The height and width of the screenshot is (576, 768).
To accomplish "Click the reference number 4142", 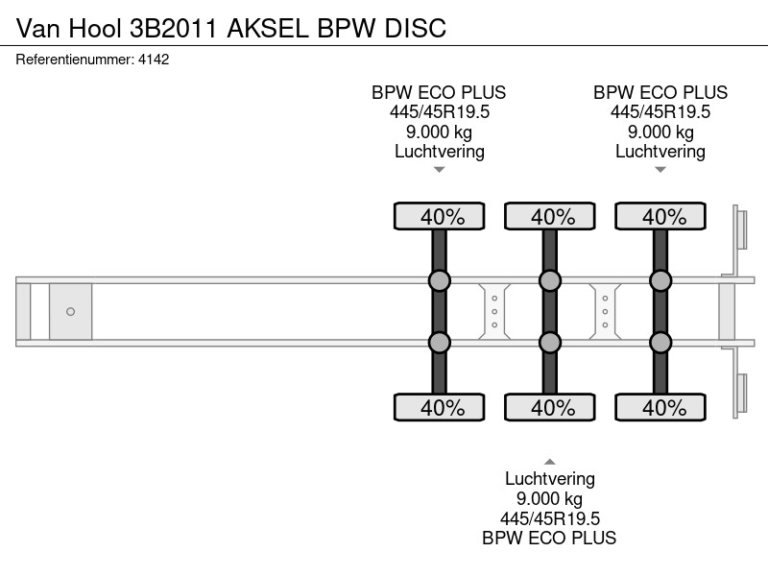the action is (x=154, y=60).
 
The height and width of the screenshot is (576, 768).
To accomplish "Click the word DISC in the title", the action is (x=416, y=28).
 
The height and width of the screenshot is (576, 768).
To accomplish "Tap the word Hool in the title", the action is (x=95, y=28).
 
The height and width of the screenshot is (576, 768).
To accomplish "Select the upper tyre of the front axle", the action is (x=440, y=216).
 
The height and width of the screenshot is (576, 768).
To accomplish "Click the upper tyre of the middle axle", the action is (x=550, y=216).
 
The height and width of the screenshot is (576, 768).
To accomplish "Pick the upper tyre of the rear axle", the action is (x=660, y=216).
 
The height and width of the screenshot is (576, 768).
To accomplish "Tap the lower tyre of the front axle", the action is (x=440, y=407).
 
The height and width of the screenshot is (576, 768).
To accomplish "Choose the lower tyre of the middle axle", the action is (x=550, y=407).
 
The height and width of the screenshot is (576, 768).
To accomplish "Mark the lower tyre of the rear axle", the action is (x=660, y=407).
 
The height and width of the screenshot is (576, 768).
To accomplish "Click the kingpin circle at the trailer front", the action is (x=70, y=311).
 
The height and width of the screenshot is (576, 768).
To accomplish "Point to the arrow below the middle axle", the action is (x=550, y=462).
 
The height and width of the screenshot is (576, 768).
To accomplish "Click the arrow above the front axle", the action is (x=440, y=170).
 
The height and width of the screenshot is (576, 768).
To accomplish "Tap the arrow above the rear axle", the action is (x=660, y=170).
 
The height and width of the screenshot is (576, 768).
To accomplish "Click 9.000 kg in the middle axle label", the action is (x=549, y=498).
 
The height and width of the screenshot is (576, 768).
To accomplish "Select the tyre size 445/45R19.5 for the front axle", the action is (x=440, y=112).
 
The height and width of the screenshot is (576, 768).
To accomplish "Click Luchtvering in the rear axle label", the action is (x=660, y=152).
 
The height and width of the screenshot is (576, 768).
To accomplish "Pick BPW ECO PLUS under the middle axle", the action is (x=549, y=538).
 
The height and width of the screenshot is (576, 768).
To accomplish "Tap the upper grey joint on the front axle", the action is (x=440, y=280).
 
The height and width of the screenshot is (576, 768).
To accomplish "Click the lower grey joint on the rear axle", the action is (x=660, y=343).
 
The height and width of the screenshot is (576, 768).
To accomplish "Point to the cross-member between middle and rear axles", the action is (x=605, y=311).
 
